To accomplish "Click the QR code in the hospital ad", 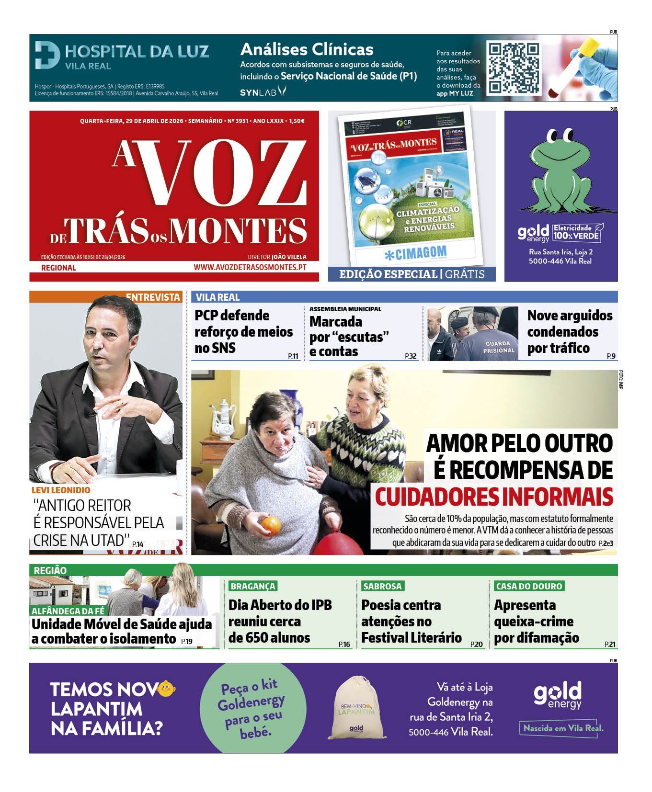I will [x=514, y=68].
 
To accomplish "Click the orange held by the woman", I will [x=270, y=524].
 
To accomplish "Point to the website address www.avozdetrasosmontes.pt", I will [x=250, y=268].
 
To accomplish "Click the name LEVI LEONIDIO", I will [x=61, y=490].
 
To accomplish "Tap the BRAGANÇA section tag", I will [x=253, y=586].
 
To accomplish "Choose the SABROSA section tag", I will [x=382, y=586].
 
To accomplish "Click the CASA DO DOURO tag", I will [x=529, y=586].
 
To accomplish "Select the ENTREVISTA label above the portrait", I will [x=153, y=297].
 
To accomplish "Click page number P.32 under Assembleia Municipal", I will [x=411, y=356].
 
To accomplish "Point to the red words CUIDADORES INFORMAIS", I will [x=494, y=497].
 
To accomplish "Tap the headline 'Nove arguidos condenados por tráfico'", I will [x=570, y=332].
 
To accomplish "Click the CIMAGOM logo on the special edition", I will [x=415, y=252].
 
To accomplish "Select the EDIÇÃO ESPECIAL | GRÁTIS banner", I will [x=412, y=274].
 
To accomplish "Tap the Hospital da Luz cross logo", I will [x=47, y=55].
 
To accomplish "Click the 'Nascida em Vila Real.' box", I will [x=563, y=728].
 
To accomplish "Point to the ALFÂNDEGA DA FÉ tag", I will [x=68, y=611].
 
